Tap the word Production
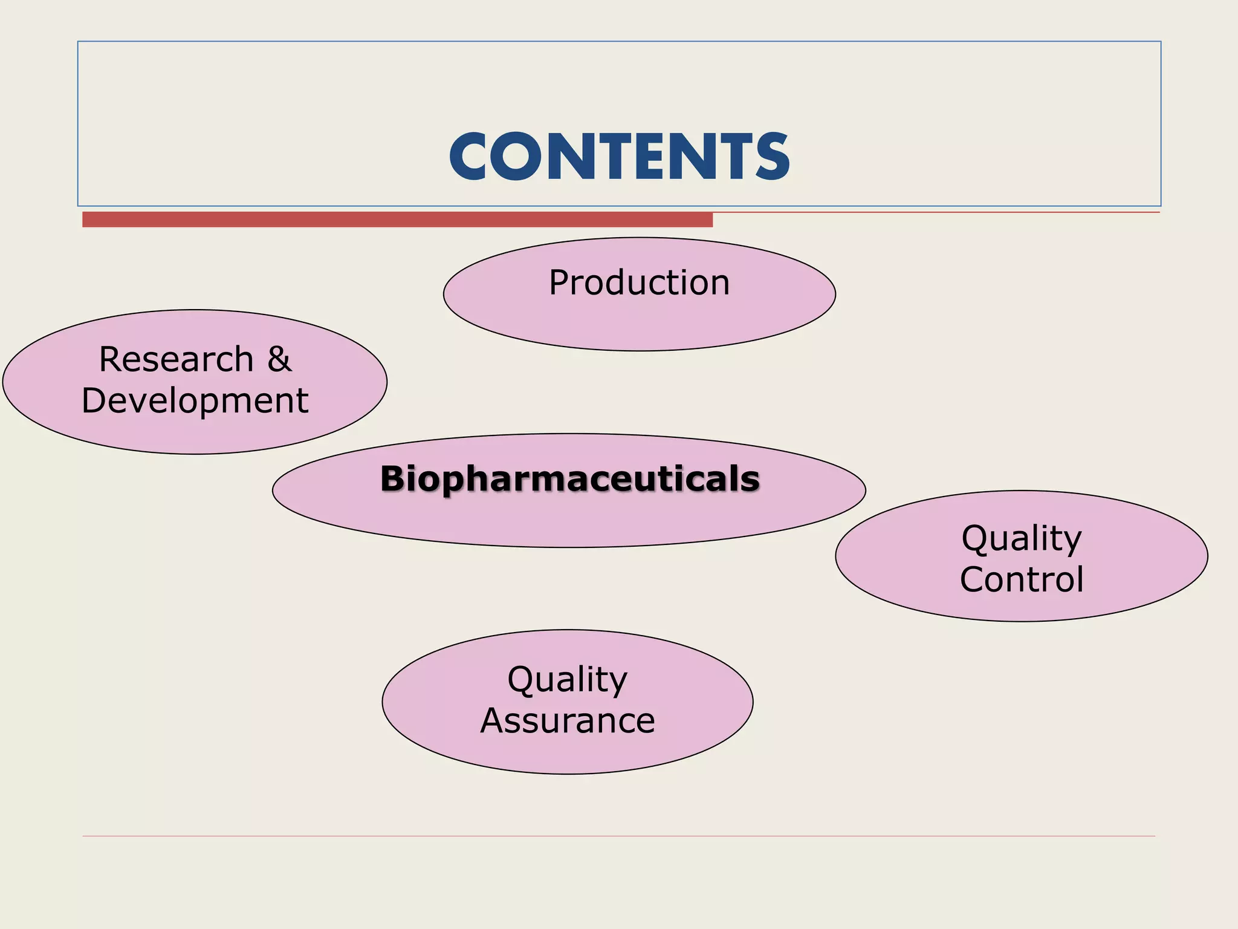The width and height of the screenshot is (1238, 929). (x=639, y=282)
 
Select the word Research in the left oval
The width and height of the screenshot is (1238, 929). (x=176, y=359)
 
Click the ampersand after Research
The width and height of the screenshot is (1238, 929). (x=279, y=359)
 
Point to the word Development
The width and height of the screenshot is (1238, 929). (x=195, y=400)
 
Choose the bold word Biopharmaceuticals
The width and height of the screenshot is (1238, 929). (x=569, y=478)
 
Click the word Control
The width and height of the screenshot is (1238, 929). (x=1022, y=579)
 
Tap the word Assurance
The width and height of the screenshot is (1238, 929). (x=568, y=720)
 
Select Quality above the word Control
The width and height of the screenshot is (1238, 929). (x=1022, y=538)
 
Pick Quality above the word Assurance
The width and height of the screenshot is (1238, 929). (x=568, y=679)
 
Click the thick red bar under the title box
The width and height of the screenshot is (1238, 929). (x=397, y=220)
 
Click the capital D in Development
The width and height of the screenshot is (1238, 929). (x=94, y=400)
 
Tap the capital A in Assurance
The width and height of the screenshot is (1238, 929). (x=493, y=720)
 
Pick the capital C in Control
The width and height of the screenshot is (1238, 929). (x=974, y=579)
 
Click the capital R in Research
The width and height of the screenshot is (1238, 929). (x=111, y=359)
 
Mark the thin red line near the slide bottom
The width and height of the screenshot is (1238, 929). (x=619, y=836)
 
